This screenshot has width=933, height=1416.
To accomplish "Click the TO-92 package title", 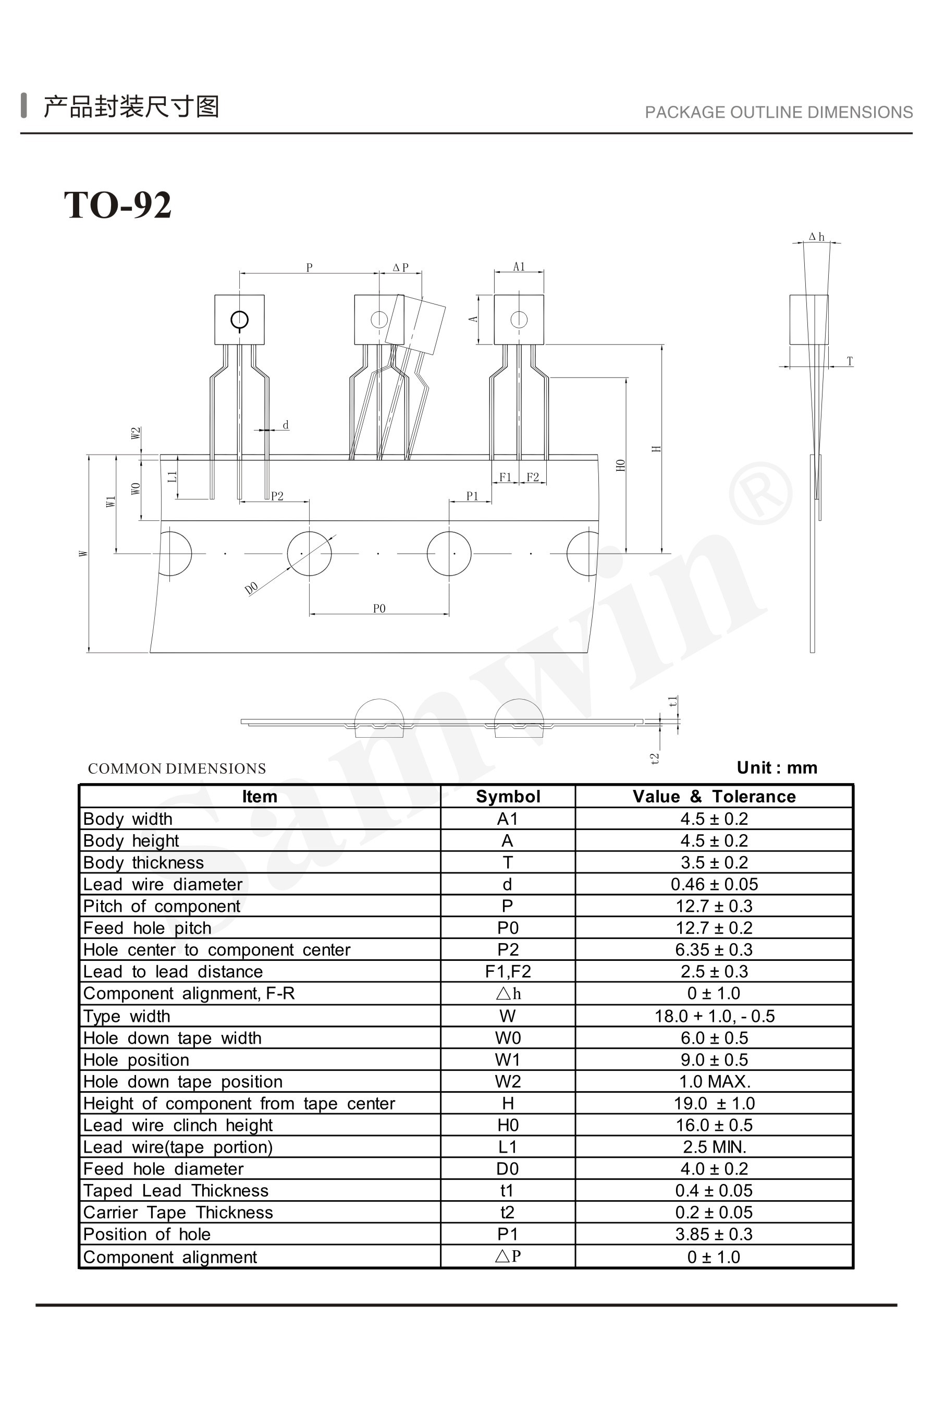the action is pos(118,205).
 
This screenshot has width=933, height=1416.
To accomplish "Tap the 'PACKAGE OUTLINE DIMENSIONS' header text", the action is pos(779,113).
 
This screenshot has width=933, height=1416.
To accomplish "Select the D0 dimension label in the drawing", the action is pos(252,588).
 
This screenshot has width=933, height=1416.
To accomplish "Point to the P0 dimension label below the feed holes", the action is pos(379,608).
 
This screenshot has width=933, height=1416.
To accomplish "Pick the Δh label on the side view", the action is pos(816,237).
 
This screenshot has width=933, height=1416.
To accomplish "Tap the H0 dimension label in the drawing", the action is pos(621,466).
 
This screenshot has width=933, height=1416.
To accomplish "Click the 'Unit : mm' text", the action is pos(777,768).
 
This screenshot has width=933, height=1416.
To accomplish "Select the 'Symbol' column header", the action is pos(508,797).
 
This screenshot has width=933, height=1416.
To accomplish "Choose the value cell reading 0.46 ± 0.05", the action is pos(714,885).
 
